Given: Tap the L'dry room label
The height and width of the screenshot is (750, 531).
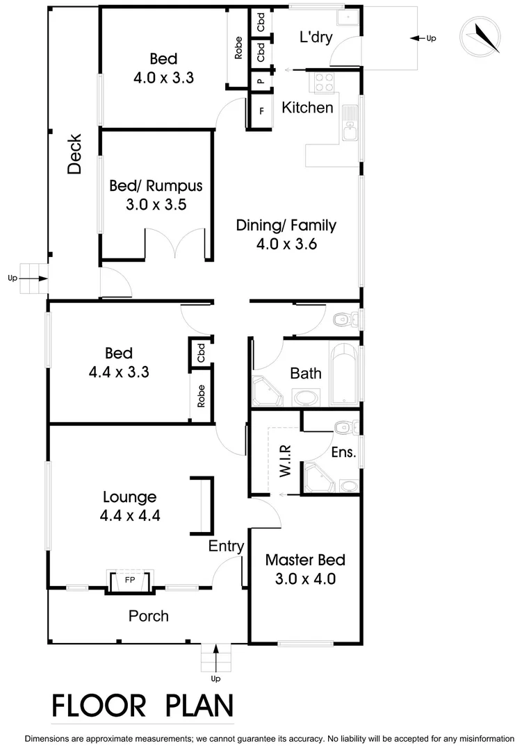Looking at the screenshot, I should [x=315, y=38].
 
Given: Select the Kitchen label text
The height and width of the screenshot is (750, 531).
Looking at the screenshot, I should [x=307, y=108].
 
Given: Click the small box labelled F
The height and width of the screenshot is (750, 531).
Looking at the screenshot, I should [x=261, y=111].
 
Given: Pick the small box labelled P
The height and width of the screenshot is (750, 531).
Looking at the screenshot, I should [x=260, y=81].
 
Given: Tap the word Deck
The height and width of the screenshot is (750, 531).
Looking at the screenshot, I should [x=75, y=153].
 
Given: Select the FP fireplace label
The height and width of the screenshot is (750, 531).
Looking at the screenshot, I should [x=129, y=578].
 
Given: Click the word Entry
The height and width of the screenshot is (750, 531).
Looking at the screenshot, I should [x=227, y=547].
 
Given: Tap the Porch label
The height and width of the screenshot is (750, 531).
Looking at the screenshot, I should [x=149, y=616].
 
